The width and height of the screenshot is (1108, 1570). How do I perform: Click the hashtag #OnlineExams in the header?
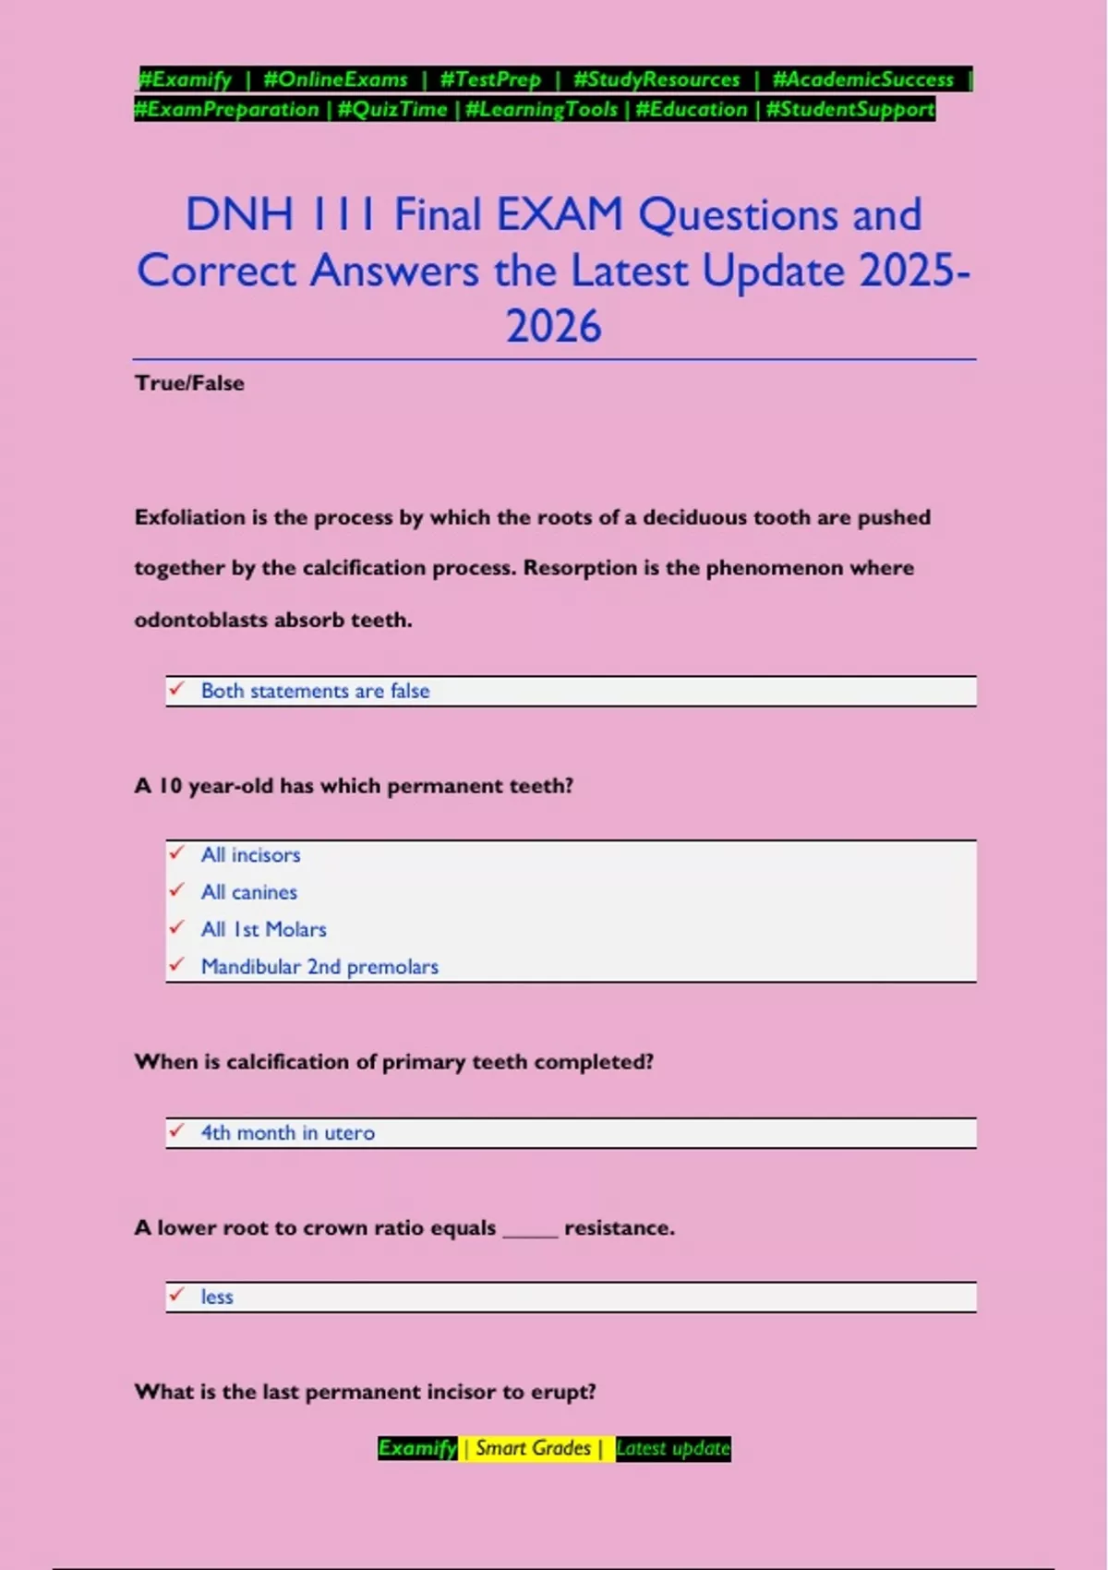point(335,79)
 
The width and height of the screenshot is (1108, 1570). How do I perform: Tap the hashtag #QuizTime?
point(392,110)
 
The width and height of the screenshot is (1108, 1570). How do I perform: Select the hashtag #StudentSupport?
point(850,110)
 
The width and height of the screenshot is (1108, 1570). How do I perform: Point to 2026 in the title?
point(553,327)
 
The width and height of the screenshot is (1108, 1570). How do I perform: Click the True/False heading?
point(189,383)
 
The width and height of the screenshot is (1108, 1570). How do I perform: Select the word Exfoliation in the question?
point(189,517)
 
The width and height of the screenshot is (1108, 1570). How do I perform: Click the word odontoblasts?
point(193,620)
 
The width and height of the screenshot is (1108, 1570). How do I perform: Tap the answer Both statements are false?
point(315,691)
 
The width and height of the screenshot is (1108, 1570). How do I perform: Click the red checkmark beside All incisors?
point(176,853)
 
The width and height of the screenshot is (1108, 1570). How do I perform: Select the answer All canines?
point(249,892)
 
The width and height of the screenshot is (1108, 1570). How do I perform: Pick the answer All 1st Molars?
point(264,929)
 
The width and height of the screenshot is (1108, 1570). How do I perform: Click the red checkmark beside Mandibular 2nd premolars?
point(176,965)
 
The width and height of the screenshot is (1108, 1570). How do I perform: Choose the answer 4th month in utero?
point(288,1133)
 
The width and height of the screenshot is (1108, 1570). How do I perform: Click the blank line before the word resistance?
point(530,1230)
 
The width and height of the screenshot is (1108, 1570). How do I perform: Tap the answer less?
point(217,1297)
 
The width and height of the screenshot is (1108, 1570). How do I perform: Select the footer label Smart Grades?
point(533,1448)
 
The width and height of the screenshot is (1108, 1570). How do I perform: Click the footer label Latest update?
point(673,1448)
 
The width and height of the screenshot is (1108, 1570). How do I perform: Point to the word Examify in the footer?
point(417,1448)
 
